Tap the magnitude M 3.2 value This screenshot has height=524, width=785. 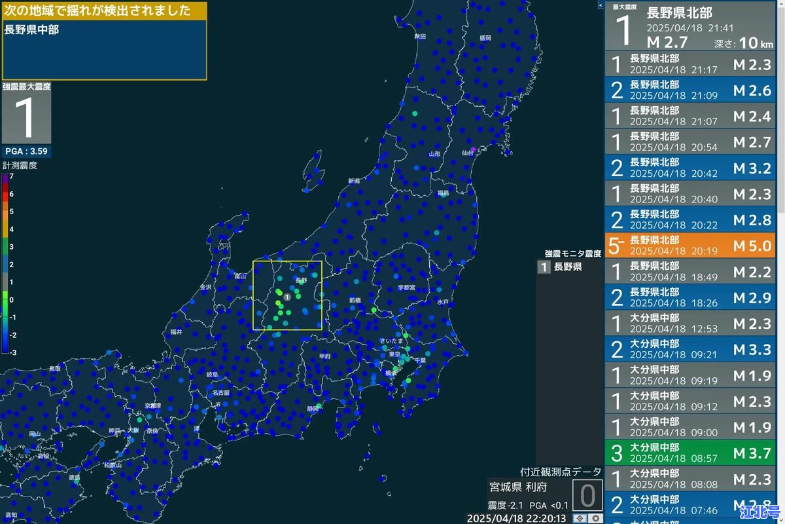752,168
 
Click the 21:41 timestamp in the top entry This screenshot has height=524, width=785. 720,28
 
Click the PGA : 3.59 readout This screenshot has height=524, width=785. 26,151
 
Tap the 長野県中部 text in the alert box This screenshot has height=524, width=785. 31,29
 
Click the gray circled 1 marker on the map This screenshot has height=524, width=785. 287,297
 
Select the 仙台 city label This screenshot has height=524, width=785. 467,153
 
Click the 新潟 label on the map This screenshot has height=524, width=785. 354,181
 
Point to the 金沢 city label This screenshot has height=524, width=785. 205,287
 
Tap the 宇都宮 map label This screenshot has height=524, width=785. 408,288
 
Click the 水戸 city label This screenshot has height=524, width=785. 443,302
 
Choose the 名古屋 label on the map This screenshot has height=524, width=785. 220,393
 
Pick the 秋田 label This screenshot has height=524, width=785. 419,37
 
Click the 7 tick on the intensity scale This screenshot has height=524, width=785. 10,176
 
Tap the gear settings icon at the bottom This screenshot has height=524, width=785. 596,518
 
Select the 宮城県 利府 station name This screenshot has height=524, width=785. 517,487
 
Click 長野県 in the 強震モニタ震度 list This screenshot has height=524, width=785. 567,267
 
